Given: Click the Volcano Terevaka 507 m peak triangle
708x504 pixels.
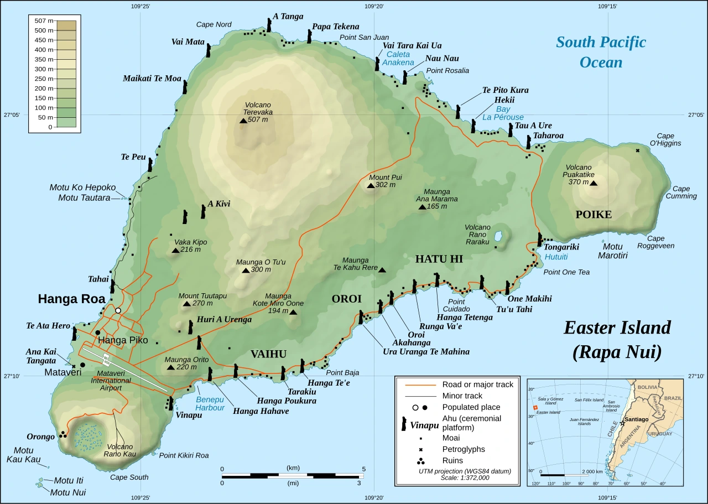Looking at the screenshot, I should [x=243, y=121].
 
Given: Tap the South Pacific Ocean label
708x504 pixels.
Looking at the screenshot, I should [x=601, y=52].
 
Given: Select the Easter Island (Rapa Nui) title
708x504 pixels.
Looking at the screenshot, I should [x=617, y=339].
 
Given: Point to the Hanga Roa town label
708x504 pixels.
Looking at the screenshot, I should [x=71, y=299].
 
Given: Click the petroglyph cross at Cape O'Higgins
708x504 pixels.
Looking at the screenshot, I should [x=638, y=150].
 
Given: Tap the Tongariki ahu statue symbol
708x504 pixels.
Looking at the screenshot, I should [x=539, y=240].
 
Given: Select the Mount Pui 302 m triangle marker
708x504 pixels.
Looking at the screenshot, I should [x=370, y=185].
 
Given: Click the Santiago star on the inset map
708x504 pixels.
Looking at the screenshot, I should [x=623, y=423].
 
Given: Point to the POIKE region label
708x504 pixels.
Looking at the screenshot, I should [x=594, y=215].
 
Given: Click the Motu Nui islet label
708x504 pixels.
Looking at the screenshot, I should [x=68, y=492].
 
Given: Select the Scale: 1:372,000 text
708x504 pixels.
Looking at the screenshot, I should [x=465, y=477].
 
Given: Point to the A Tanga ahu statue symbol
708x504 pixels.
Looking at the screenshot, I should [x=269, y=25].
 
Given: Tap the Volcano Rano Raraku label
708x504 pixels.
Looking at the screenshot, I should [x=477, y=235].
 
